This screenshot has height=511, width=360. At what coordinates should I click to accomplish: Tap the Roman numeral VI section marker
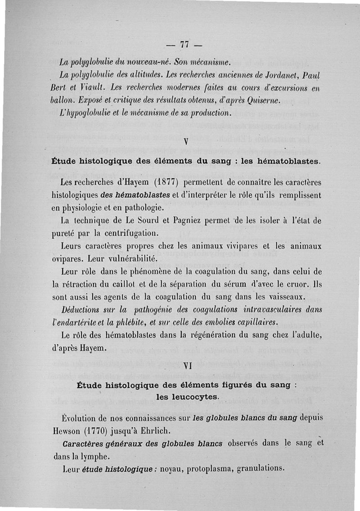point(188,366)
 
